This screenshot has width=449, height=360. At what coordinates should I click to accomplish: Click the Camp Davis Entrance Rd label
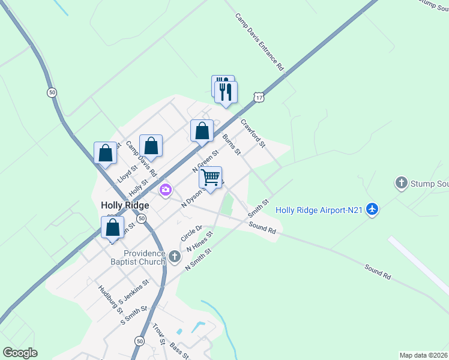point(259,43)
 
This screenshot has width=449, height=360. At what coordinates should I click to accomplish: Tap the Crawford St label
point(253,133)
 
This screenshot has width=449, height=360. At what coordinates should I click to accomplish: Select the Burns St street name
point(231,144)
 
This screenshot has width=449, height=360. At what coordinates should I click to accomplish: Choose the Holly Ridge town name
point(125,205)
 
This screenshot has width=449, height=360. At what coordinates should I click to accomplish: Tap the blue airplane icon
point(373,209)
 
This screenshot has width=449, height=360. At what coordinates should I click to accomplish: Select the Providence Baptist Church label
point(144,257)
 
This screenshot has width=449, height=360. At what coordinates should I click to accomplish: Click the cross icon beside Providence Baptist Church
point(174,257)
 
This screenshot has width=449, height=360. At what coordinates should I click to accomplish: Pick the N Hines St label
point(199,244)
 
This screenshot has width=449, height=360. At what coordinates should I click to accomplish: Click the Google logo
point(20,353)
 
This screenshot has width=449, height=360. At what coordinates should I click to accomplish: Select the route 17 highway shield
point(258,97)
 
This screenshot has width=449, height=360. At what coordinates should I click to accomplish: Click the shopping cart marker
point(210,178)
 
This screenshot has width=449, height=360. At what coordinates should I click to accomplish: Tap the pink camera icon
point(166,191)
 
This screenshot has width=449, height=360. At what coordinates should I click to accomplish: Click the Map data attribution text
point(424,355)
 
